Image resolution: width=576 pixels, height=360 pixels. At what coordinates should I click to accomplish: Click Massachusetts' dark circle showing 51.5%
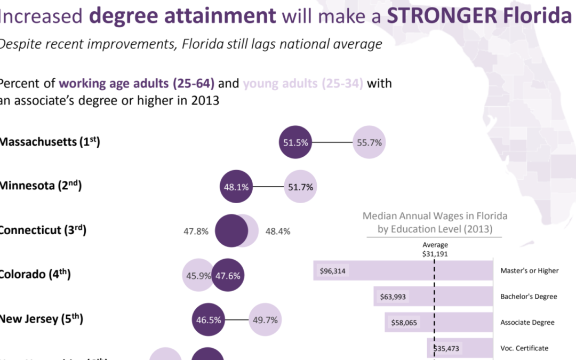[295, 143]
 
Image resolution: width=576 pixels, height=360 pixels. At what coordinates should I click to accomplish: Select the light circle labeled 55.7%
[369, 143]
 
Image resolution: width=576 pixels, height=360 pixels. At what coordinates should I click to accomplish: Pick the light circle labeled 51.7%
[301, 187]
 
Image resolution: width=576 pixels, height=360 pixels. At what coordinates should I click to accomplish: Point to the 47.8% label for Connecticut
[196, 232]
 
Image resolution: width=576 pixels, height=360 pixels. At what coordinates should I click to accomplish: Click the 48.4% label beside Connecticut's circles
[278, 232]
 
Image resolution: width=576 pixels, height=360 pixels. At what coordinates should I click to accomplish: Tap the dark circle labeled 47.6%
[228, 276]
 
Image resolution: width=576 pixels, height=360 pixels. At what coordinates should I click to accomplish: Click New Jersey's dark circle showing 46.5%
[208, 321]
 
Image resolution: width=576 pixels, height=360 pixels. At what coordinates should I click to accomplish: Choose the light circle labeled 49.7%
[266, 321]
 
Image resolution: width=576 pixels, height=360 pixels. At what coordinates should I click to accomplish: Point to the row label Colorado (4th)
[35, 275]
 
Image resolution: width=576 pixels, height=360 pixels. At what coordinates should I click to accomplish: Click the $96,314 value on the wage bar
[333, 271]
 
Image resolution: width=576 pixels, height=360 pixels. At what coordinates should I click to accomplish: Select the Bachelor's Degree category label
[529, 297]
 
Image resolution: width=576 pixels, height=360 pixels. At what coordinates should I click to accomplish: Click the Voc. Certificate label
[524, 348]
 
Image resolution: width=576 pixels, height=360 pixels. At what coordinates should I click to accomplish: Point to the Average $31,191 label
[435, 250]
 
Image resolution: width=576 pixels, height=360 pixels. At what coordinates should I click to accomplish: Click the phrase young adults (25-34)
[303, 84]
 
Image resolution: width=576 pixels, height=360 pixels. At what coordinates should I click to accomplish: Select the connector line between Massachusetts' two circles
[332, 143]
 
